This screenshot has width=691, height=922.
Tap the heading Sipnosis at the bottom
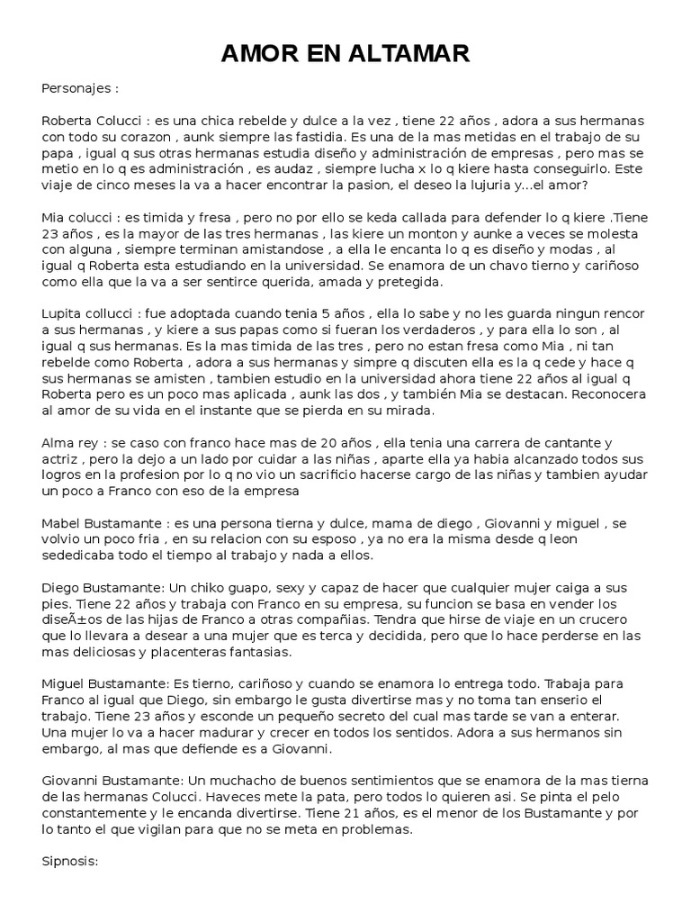69,861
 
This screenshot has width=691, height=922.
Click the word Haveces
288,797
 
